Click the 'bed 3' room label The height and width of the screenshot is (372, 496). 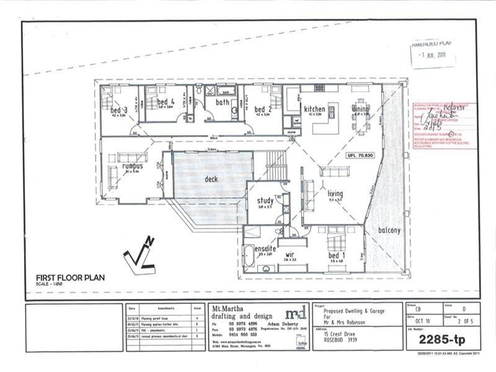[x=119, y=110]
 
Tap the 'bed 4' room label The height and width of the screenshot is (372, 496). [x=166, y=102]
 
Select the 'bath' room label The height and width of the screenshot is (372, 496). [x=223, y=102]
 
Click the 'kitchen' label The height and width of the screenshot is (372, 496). [x=315, y=108]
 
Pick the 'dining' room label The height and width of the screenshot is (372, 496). [x=360, y=109]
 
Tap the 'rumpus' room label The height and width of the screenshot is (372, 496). [x=132, y=166]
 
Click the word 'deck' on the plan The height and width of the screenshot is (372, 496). [x=212, y=180]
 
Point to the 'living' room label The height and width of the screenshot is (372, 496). [x=335, y=194]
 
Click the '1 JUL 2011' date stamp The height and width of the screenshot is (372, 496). [x=433, y=55]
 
